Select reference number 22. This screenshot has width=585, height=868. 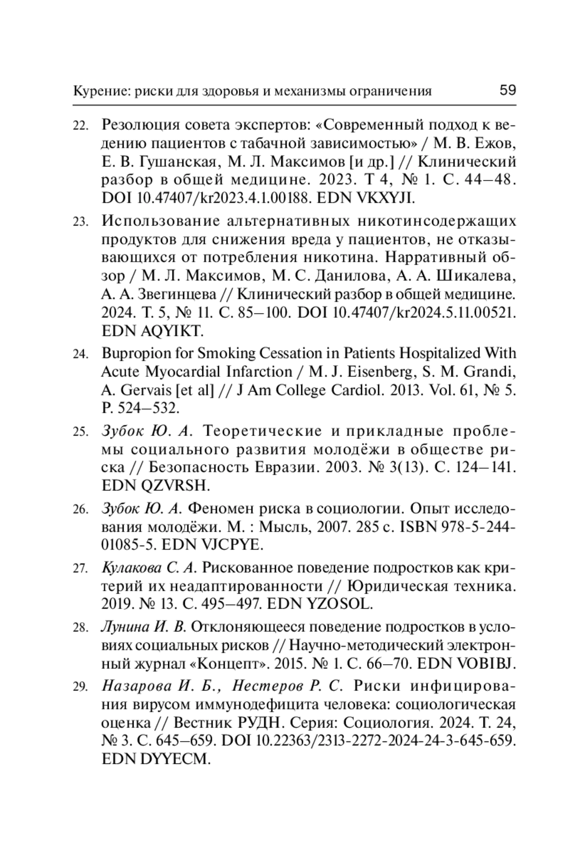80,126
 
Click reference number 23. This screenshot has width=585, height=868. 80,222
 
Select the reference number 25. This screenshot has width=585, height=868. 80,432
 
